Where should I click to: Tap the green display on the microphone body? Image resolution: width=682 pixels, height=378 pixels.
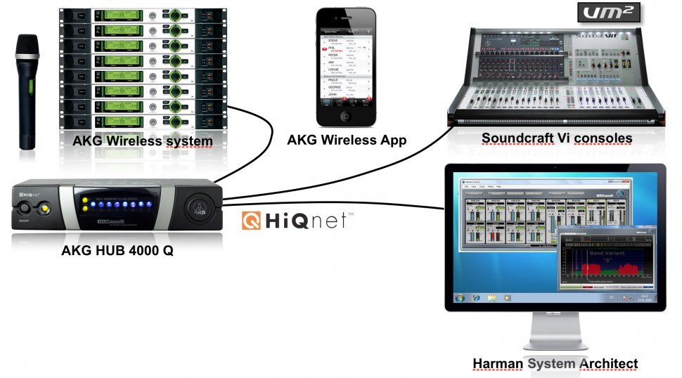tap(30, 88)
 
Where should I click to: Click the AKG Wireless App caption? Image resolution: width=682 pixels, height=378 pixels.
tap(346, 140)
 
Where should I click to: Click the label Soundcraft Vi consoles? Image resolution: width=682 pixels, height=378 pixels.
tap(557, 138)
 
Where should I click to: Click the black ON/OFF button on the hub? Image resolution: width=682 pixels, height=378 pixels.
tap(27, 209)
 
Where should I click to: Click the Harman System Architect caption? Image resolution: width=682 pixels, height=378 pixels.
tap(555, 363)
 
